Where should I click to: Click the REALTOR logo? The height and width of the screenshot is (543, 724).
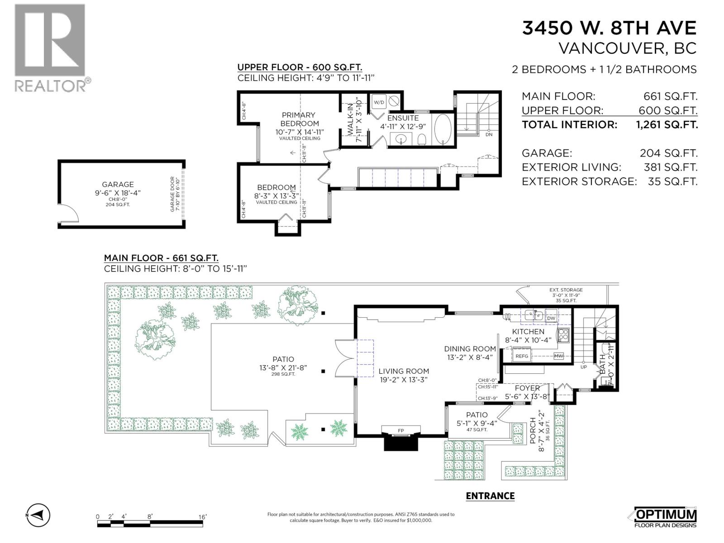[x=51, y=48]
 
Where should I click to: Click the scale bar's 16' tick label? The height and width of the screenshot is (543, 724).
[x=202, y=517]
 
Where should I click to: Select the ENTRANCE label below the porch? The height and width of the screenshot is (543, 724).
[x=490, y=496]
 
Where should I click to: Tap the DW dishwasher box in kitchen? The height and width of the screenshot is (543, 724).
[x=551, y=318]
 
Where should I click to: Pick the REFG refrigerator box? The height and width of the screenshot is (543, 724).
[x=522, y=356]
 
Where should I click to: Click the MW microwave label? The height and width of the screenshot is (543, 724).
[x=558, y=356]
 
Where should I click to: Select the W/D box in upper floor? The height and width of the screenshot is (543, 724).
[x=378, y=103]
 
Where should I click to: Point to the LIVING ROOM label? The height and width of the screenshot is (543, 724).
[x=403, y=372]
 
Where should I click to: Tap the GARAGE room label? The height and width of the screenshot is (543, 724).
[x=118, y=184]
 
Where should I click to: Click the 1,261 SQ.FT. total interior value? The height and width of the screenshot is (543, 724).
[x=667, y=125]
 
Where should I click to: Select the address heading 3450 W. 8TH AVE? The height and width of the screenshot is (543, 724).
[x=609, y=28]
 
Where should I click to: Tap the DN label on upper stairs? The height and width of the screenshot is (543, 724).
[x=489, y=134]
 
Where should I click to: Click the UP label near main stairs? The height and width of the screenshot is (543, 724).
[x=583, y=367]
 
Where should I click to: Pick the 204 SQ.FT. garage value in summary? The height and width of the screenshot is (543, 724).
[x=668, y=153]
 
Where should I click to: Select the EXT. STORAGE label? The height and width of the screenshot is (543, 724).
[x=566, y=290]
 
